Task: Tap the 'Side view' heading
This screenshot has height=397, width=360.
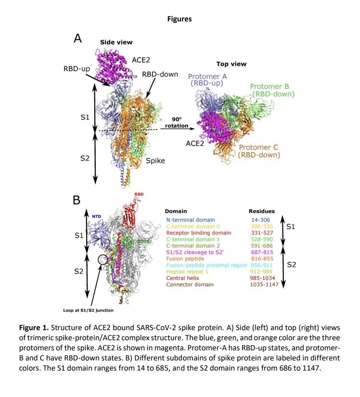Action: coord(116,42)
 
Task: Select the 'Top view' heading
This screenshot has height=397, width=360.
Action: coord(231,64)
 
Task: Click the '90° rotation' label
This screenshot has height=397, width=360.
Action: coord(177,122)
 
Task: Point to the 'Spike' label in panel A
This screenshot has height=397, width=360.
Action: coord(156,161)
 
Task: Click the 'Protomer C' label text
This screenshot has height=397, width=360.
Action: coord(259,147)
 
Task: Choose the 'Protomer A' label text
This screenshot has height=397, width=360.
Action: coord(207,76)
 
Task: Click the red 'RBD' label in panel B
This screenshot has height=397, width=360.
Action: coord(139,194)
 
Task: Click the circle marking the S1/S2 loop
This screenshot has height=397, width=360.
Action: coord(103,259)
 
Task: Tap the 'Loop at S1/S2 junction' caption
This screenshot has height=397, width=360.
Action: coord(88,310)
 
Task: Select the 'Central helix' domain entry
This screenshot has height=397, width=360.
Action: coord(182,278)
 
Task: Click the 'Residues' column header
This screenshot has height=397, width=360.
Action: coord(261,211)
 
